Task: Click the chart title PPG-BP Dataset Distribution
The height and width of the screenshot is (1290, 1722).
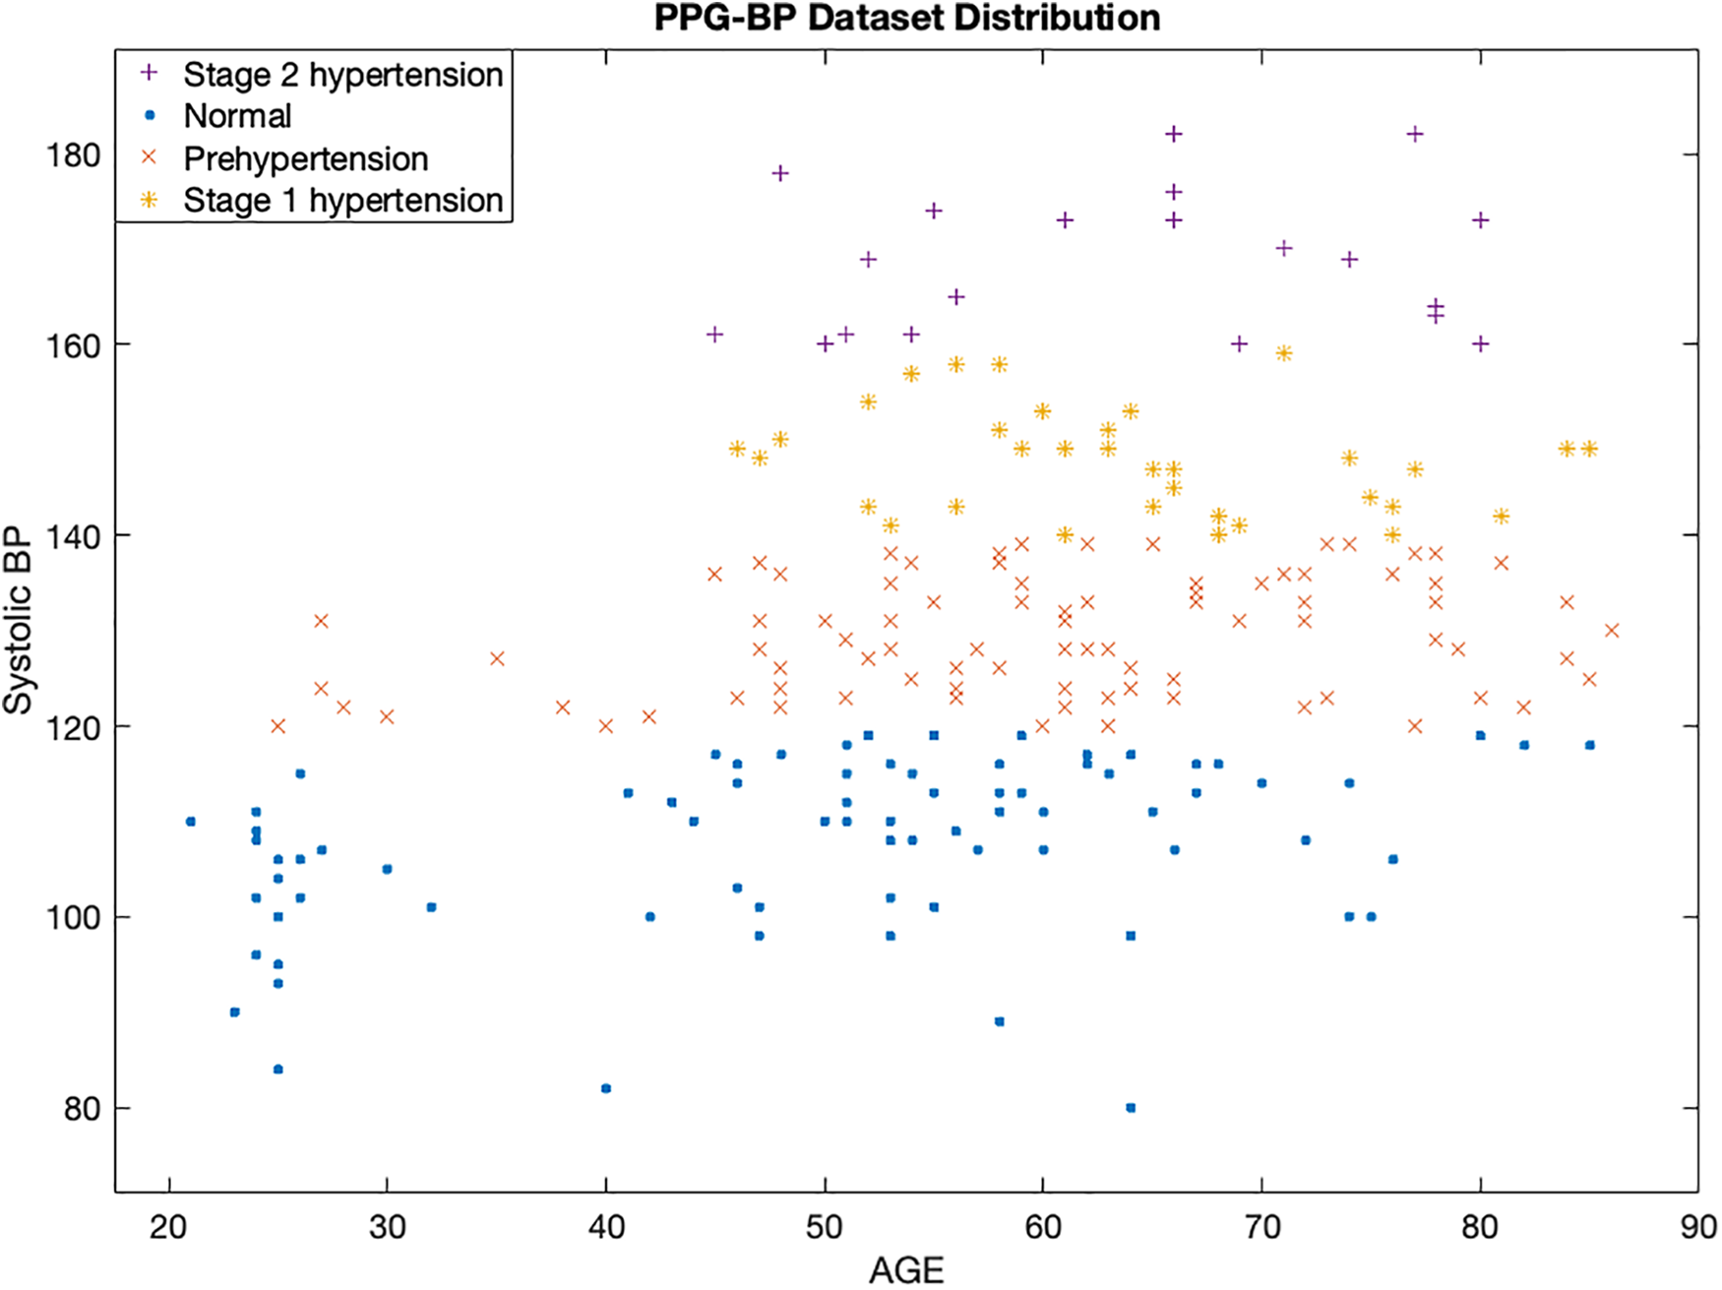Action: [906, 18]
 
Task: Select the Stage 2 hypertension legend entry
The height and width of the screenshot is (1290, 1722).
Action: [342, 75]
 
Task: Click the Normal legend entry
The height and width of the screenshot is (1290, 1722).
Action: [237, 116]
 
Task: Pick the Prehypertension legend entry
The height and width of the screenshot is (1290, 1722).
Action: [305, 158]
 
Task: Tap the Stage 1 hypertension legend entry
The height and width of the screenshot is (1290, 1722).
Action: [342, 201]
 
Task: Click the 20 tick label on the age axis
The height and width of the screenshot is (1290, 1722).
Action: [169, 1227]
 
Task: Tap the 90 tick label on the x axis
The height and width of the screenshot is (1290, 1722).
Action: [1697, 1227]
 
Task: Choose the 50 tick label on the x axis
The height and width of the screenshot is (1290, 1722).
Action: [825, 1227]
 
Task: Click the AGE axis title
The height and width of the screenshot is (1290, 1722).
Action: [906, 1270]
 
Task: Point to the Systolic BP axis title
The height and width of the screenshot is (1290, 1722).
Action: [18, 621]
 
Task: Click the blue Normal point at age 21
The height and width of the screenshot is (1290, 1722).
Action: [191, 821]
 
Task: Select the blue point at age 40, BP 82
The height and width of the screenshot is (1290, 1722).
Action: [606, 1088]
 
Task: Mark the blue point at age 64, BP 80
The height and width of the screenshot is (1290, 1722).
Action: [1131, 1108]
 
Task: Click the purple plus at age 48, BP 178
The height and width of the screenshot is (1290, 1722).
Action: [780, 173]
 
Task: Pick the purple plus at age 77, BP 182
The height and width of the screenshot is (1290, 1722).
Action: [1415, 134]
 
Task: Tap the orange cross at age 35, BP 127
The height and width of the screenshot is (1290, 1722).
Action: [497, 658]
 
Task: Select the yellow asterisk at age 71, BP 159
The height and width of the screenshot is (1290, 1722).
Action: [1283, 353]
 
